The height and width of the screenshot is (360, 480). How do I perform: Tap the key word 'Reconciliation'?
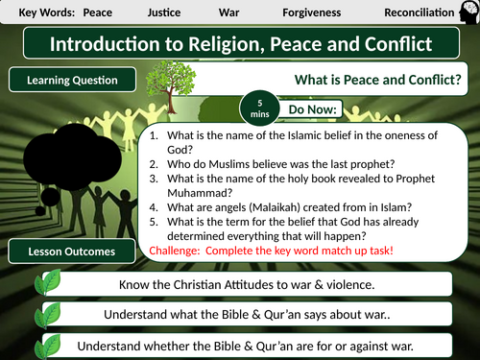click(x=420, y=12)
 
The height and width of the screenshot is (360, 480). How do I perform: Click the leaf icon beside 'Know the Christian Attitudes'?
click(x=48, y=285)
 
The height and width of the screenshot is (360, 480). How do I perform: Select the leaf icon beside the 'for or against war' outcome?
click(x=48, y=345)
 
